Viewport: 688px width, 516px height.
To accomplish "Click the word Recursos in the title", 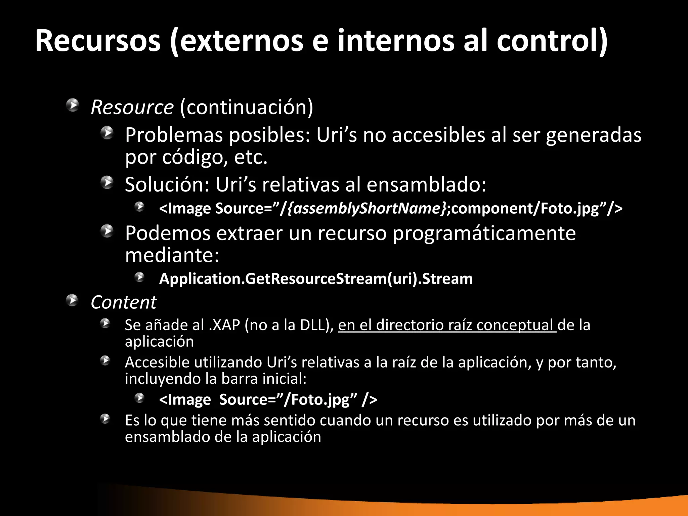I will click(98, 41).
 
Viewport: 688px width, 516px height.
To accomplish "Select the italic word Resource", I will click(132, 107).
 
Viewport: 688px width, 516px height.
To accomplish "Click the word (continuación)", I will click(247, 107).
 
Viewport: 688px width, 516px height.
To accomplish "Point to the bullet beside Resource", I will click(72, 105).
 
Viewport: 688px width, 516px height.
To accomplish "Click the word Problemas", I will click(174, 135).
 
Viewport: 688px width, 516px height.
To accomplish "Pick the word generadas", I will click(594, 136).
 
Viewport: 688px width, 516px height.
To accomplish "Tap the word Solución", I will click(167, 184).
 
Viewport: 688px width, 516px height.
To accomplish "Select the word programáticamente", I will click(484, 233).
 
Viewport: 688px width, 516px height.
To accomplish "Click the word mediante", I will click(172, 255).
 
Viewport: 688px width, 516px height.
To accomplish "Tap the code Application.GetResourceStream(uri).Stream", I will click(316, 279).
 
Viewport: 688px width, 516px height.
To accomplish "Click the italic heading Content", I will click(123, 302).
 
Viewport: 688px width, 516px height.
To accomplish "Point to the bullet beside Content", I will click(72, 300).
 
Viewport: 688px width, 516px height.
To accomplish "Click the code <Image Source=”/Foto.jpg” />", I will click(268, 400).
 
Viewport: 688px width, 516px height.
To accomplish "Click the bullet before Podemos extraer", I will click(107, 231).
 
